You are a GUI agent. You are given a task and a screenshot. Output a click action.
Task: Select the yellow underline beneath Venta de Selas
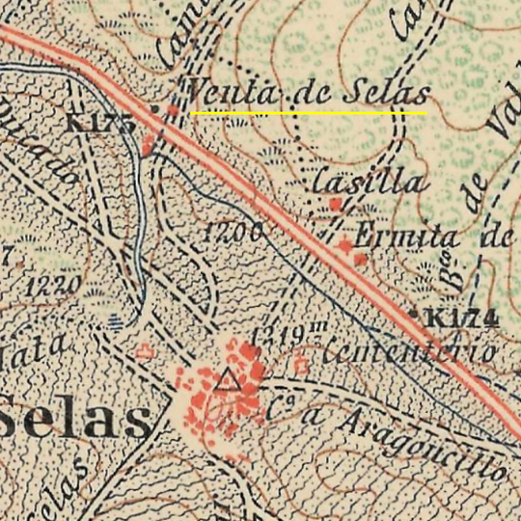click(x=309, y=113)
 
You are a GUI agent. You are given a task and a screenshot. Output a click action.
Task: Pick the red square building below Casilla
click(x=335, y=204)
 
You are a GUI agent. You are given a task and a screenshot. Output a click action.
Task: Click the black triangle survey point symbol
click(x=228, y=379)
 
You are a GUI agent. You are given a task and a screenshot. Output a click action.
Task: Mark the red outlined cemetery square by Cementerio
click(x=300, y=365)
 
